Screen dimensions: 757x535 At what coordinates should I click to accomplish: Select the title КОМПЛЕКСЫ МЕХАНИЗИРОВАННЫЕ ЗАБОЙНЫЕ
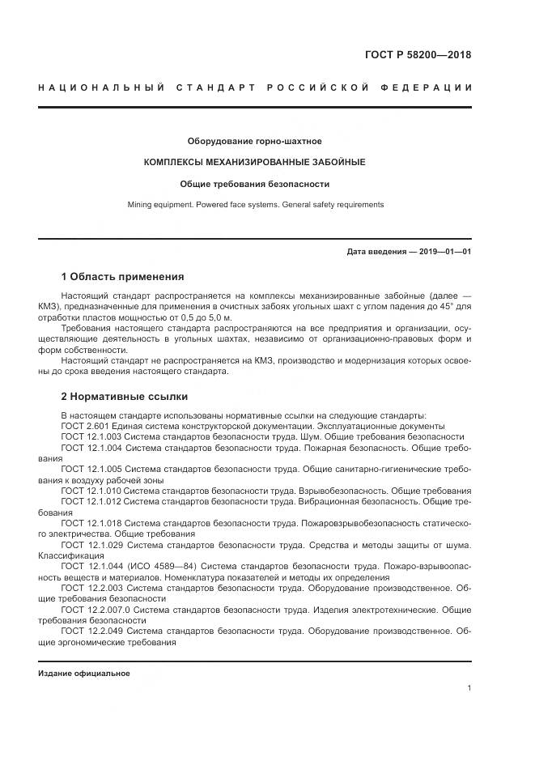tap(254, 162)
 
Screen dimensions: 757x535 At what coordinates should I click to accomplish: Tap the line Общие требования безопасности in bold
tap(254, 184)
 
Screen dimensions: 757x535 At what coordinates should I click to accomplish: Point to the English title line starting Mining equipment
tap(254, 205)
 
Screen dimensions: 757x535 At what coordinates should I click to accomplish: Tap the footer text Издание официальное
tap(83, 674)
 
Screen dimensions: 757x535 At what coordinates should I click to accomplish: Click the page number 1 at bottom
tap(469, 688)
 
